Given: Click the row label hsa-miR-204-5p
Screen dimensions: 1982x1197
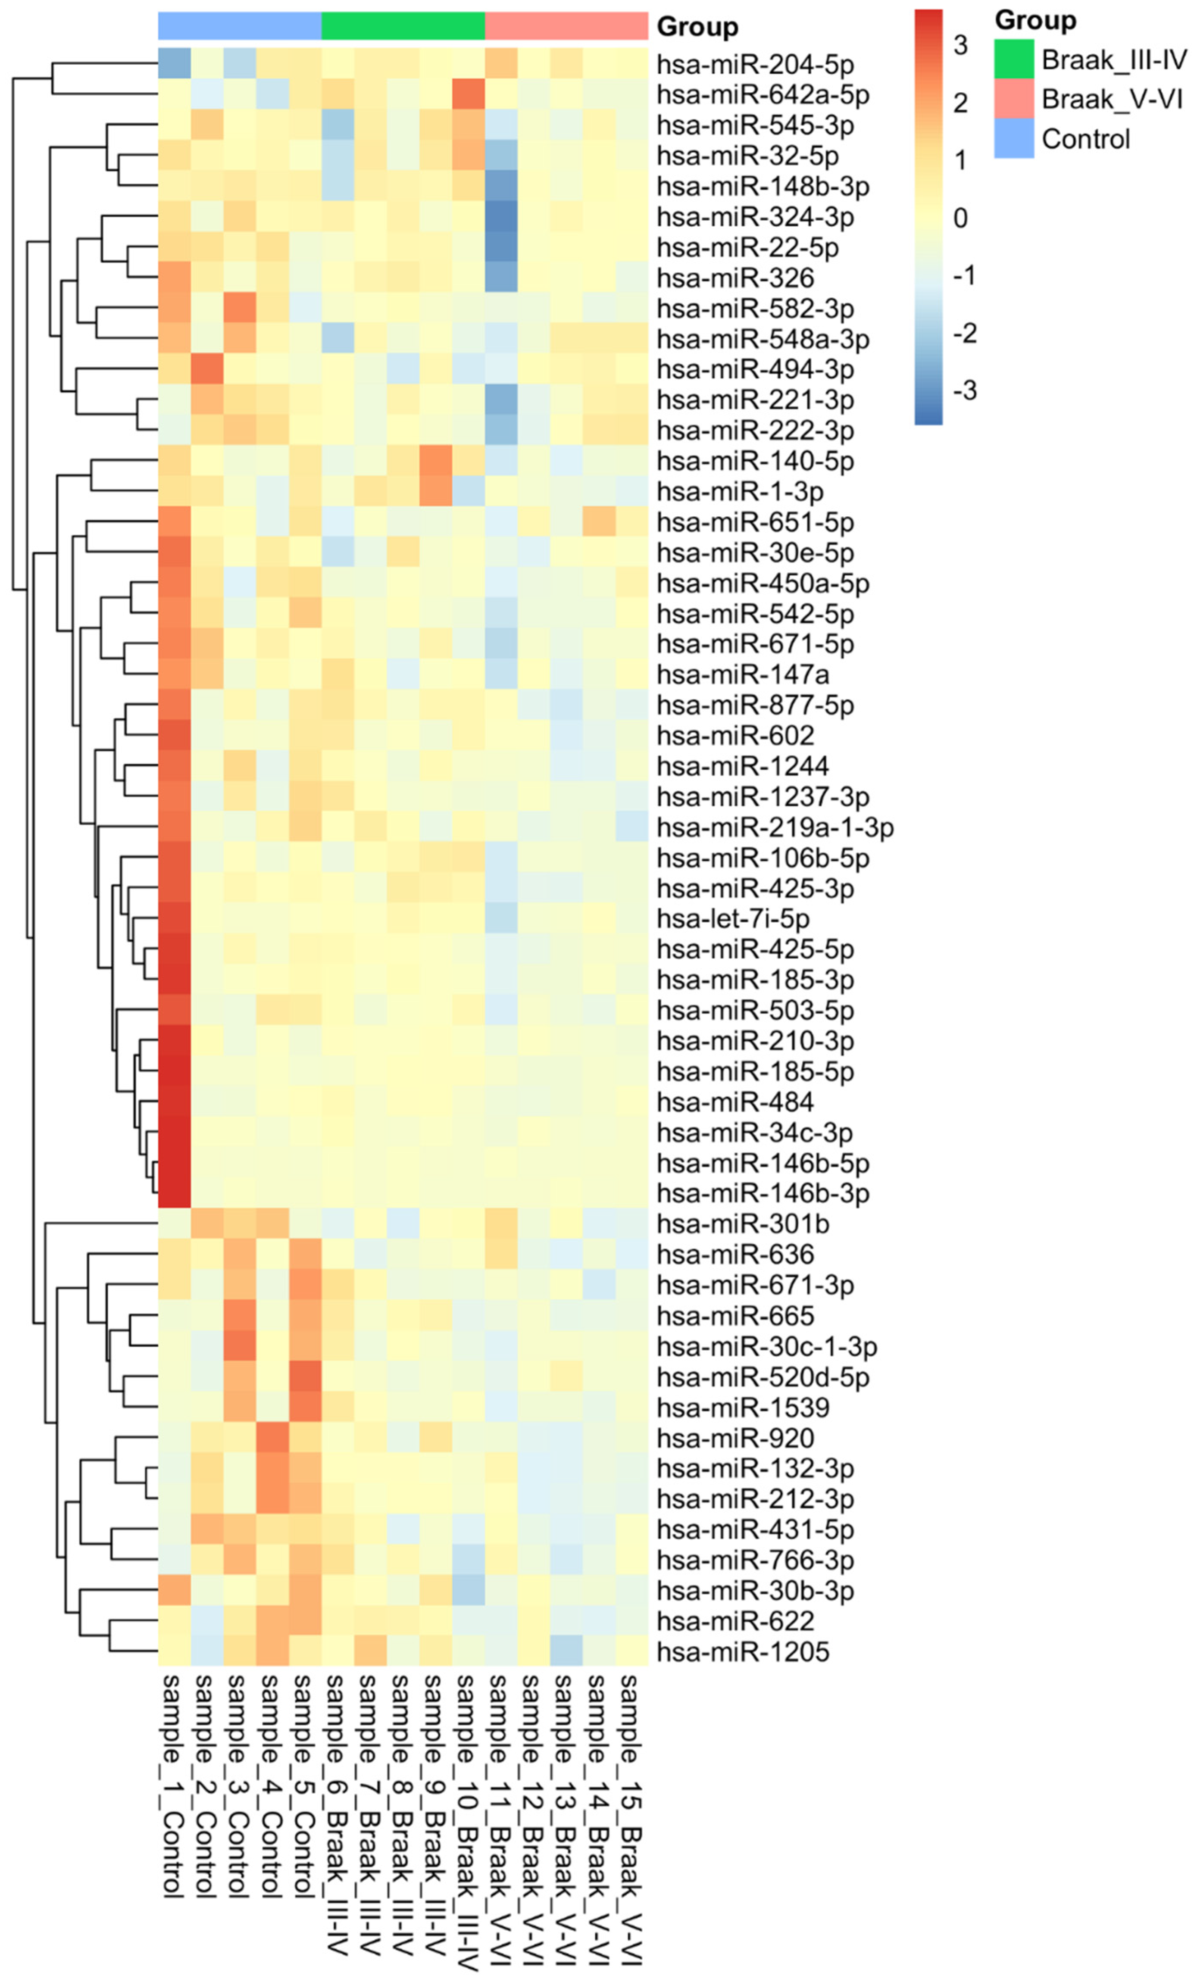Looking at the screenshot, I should coord(755,64).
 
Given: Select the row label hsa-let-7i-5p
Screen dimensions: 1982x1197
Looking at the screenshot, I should coord(733,919).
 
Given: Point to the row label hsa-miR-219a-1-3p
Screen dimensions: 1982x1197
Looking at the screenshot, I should coord(775,827).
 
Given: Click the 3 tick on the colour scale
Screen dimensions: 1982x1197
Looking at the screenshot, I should coord(960,46).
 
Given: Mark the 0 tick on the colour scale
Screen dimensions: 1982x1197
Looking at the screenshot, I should coord(960,218).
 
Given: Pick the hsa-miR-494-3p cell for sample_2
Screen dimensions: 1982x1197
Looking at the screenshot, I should coord(207,369).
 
